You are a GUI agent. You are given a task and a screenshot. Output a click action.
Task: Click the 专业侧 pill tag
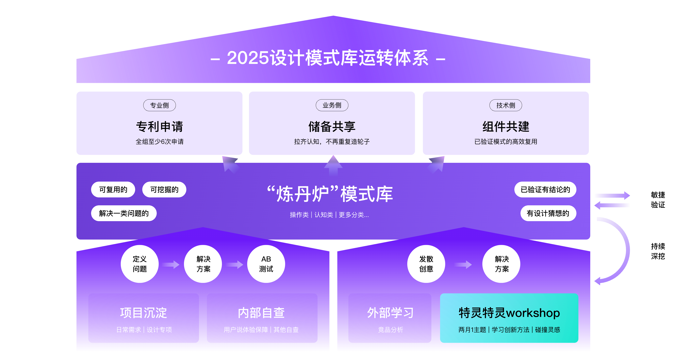tap(159, 105)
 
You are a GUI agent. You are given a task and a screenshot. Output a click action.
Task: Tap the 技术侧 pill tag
tap(505, 105)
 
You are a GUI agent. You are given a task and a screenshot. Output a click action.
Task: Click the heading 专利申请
tap(159, 127)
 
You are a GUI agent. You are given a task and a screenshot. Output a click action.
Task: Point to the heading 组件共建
tap(505, 127)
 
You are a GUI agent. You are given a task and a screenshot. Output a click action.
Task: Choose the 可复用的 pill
tap(113, 190)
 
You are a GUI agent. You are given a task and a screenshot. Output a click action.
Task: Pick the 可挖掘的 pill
tap(164, 190)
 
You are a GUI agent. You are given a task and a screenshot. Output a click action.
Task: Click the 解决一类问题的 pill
tap(124, 213)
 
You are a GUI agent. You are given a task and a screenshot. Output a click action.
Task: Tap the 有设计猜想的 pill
tap(548, 213)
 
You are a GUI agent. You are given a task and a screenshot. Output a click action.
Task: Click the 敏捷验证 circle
tap(658, 200)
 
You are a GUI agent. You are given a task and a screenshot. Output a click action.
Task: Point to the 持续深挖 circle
tap(658, 251)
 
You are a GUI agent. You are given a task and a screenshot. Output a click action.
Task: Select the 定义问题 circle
tap(140, 264)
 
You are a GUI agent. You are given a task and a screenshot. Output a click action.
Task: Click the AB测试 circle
tap(266, 264)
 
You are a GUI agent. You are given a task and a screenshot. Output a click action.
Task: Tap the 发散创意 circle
tap(426, 264)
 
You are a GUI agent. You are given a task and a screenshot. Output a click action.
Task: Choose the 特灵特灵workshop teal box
tap(509, 318)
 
